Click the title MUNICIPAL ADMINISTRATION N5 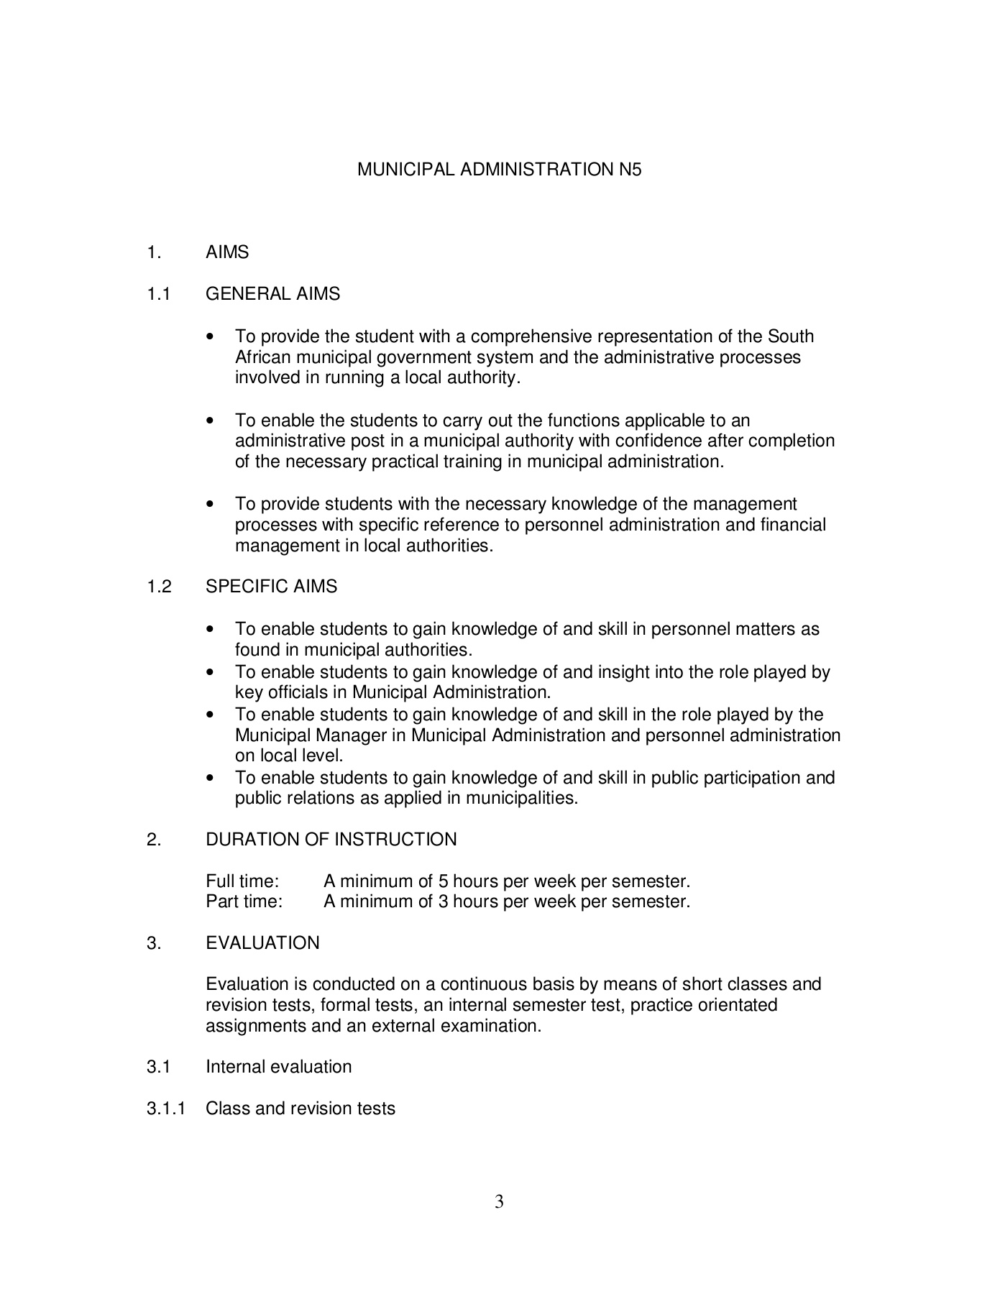click(x=499, y=170)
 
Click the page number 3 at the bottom click(x=499, y=1201)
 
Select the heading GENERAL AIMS click(x=272, y=294)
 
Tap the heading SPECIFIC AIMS click(x=271, y=587)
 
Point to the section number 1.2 click(x=159, y=587)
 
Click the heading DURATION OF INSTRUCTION click(x=331, y=840)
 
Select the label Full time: click(x=242, y=881)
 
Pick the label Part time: click(x=244, y=901)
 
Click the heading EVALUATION click(x=262, y=943)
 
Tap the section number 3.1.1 click(x=166, y=1109)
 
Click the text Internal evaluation click(x=278, y=1067)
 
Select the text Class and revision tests click(x=300, y=1109)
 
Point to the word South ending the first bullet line click(x=791, y=336)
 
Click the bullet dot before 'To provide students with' click(x=210, y=505)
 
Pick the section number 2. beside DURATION click(x=153, y=840)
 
